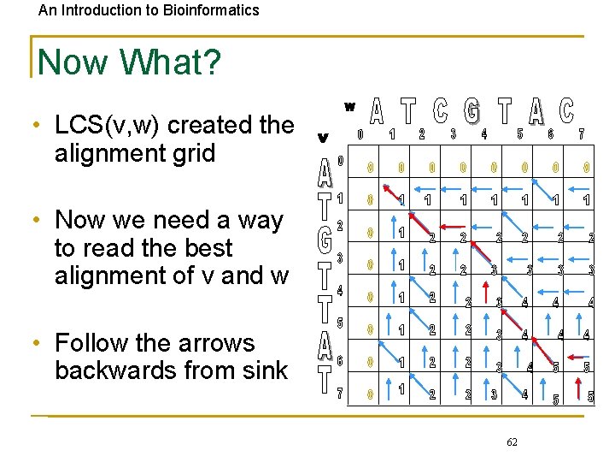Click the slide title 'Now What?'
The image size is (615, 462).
pos(128,62)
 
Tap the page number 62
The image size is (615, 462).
pos(512,441)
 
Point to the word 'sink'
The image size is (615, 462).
pos(264,370)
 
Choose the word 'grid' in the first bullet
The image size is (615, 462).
pos(191,154)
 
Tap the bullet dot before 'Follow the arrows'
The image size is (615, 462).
pos(38,344)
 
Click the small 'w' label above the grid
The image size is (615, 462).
pos(349,107)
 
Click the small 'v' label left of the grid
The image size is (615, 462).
pos(323,136)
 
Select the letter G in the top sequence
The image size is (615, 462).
pos(471,111)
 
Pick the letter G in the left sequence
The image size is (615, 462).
pos(325,240)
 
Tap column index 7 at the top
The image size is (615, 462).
pos(581,134)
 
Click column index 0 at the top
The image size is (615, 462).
pos(360,134)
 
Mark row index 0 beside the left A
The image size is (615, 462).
pos(340,160)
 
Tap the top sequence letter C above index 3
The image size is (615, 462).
pos(441,111)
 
